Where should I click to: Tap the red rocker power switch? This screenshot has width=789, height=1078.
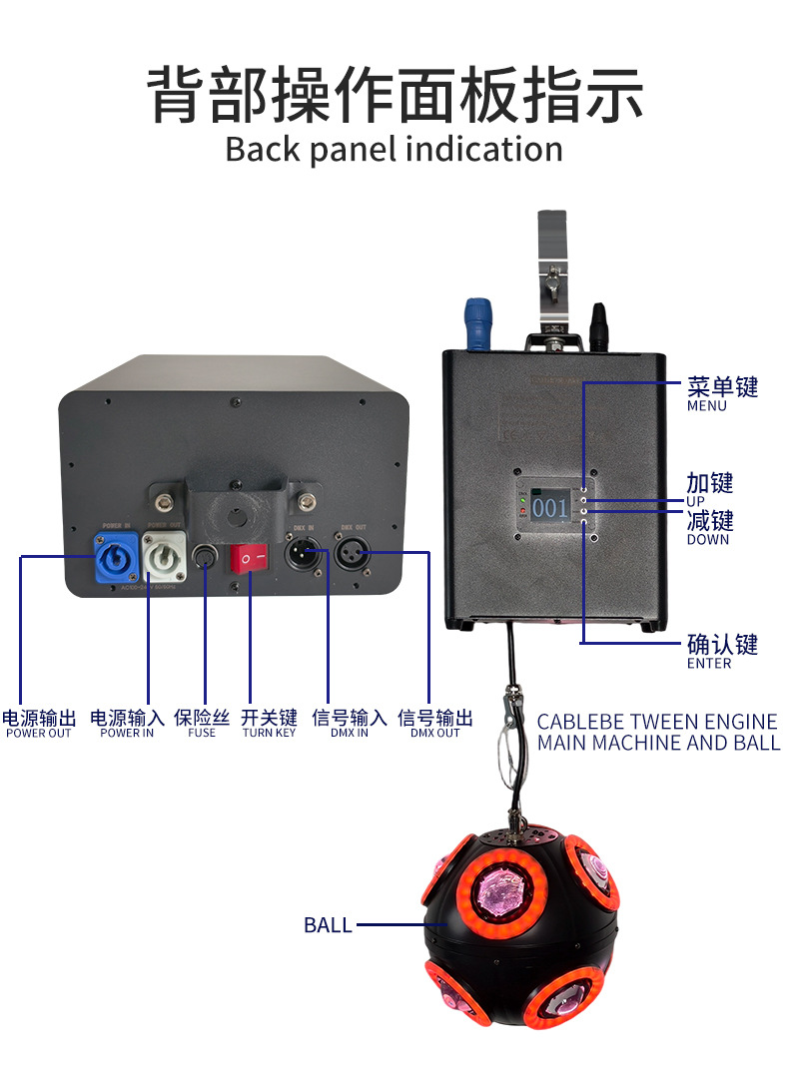click(x=251, y=557)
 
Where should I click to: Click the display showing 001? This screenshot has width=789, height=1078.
click(x=548, y=505)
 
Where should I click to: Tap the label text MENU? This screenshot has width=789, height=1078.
click(x=707, y=406)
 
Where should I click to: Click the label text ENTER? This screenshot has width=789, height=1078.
click(x=709, y=664)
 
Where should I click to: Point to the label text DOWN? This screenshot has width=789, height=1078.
click(x=708, y=540)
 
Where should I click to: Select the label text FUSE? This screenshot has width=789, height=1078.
click(x=202, y=734)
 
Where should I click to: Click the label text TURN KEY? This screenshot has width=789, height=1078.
click(x=269, y=734)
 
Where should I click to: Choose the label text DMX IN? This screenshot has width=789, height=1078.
click(x=348, y=734)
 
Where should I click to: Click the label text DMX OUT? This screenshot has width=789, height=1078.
click(x=434, y=734)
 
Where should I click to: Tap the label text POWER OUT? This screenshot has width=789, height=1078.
click(x=39, y=734)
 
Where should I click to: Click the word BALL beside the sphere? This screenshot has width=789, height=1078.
click(x=328, y=925)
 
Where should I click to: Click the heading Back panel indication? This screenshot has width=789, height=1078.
click(x=394, y=150)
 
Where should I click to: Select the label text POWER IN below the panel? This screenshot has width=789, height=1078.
click(x=127, y=734)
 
